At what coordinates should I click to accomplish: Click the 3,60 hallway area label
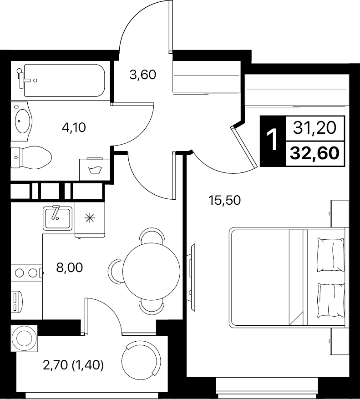(142, 75)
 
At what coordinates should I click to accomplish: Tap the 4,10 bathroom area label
(74, 127)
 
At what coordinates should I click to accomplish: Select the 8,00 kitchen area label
(70, 268)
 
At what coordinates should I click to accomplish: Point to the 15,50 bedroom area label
(224, 201)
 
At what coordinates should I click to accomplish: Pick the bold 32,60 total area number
(314, 153)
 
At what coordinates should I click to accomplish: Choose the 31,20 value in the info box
(314, 128)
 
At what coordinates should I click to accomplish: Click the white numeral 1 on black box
(273, 140)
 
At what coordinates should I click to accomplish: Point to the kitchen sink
(57, 218)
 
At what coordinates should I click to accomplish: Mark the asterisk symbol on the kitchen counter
(90, 218)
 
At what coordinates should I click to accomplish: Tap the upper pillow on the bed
(330, 254)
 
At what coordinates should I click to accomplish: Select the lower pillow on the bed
(330, 300)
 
